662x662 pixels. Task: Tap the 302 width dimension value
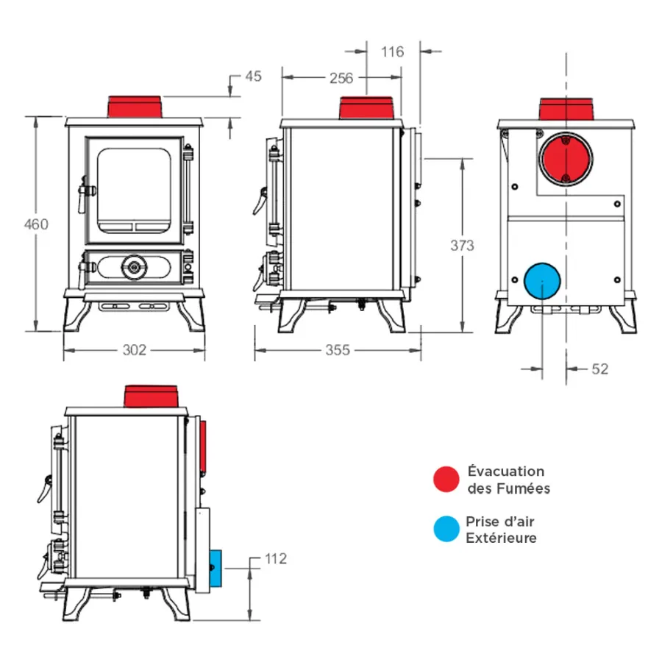134,350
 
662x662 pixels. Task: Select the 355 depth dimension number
338,350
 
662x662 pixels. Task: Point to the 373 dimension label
462,246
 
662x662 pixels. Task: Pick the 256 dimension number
341,77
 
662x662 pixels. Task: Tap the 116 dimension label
393,51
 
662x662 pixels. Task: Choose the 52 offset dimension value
599,369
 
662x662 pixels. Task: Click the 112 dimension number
274,559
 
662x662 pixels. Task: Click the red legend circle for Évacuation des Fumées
446,479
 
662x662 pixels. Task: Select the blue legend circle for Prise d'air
446,530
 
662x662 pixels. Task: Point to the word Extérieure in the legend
501,538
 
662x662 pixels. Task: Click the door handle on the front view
87,191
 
